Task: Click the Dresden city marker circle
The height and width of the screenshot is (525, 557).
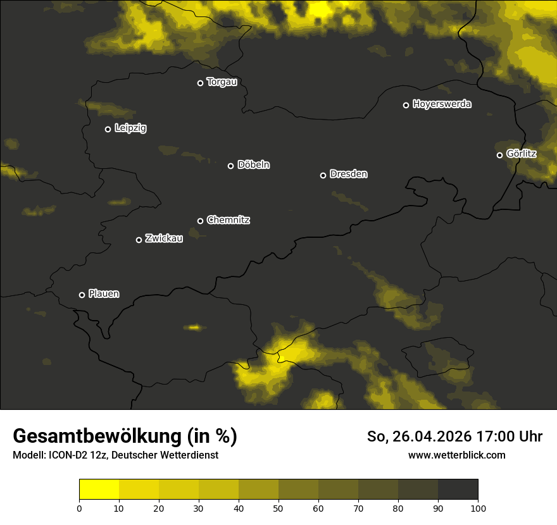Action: [323, 175]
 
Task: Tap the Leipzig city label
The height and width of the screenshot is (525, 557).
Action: [130, 128]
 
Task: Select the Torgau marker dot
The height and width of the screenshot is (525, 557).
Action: [200, 83]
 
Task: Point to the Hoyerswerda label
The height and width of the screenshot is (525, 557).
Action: [442, 104]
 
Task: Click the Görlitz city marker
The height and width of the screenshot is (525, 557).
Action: [499, 155]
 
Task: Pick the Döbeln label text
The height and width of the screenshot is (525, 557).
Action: [253, 165]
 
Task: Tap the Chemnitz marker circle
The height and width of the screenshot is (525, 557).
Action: [200, 221]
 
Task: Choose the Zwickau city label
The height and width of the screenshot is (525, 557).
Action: [164, 238]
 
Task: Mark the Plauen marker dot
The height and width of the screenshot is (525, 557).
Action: [82, 295]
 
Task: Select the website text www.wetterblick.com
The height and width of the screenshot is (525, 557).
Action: [456, 455]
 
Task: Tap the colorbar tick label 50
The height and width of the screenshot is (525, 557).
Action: [278, 508]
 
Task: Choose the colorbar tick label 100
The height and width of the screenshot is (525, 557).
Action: [478, 508]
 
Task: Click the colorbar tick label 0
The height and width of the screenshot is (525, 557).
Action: [79, 508]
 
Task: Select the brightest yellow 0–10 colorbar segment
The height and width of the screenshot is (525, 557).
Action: [99, 490]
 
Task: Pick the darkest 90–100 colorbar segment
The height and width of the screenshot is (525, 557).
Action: [458, 490]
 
